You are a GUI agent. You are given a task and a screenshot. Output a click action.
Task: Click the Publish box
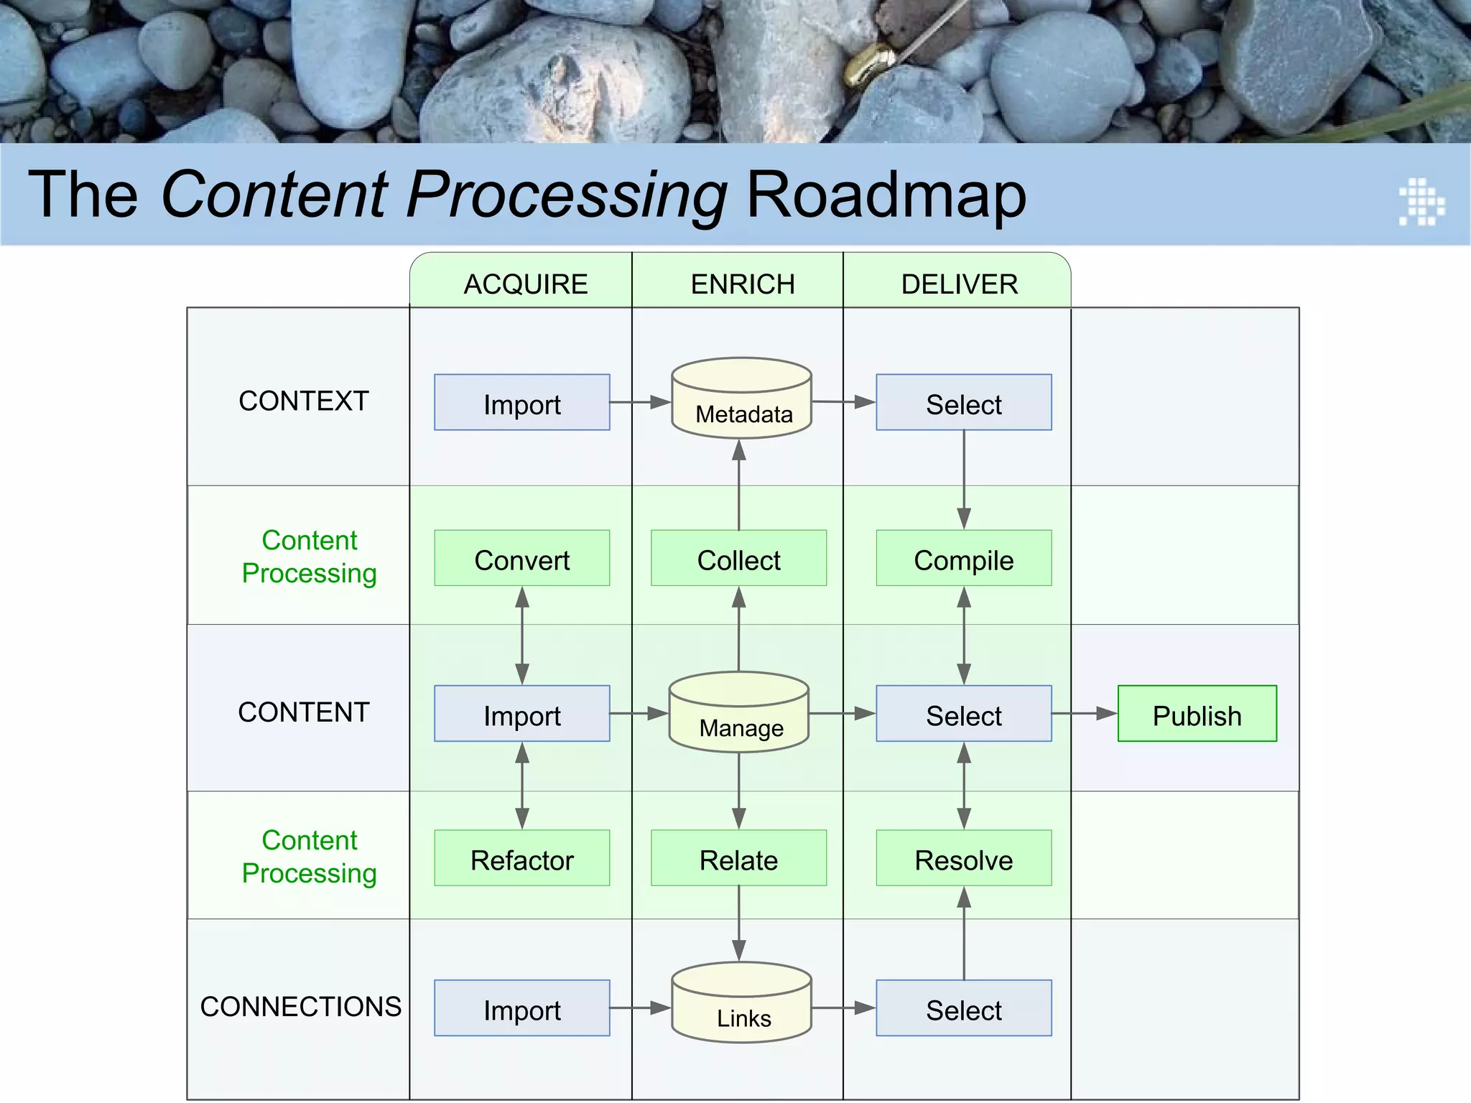[x=1197, y=713]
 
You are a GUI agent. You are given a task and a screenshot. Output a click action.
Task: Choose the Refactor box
[x=521, y=858]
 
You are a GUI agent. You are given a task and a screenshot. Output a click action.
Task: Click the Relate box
[x=738, y=858]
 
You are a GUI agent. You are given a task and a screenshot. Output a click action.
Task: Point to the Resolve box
[x=963, y=858]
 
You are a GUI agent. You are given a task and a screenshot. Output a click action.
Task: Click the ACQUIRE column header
[x=525, y=284]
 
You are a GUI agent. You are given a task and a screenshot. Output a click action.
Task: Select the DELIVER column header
[x=959, y=284]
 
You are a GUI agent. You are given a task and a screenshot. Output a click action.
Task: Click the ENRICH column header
[x=742, y=284]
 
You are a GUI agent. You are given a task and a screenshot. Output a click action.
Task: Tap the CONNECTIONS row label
[x=300, y=1006]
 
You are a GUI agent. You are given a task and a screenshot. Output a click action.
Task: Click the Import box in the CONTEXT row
[x=521, y=402]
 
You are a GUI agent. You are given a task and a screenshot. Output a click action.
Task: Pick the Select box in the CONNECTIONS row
[x=963, y=1008]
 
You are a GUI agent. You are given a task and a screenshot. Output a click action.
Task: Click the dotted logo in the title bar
[x=1421, y=202]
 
